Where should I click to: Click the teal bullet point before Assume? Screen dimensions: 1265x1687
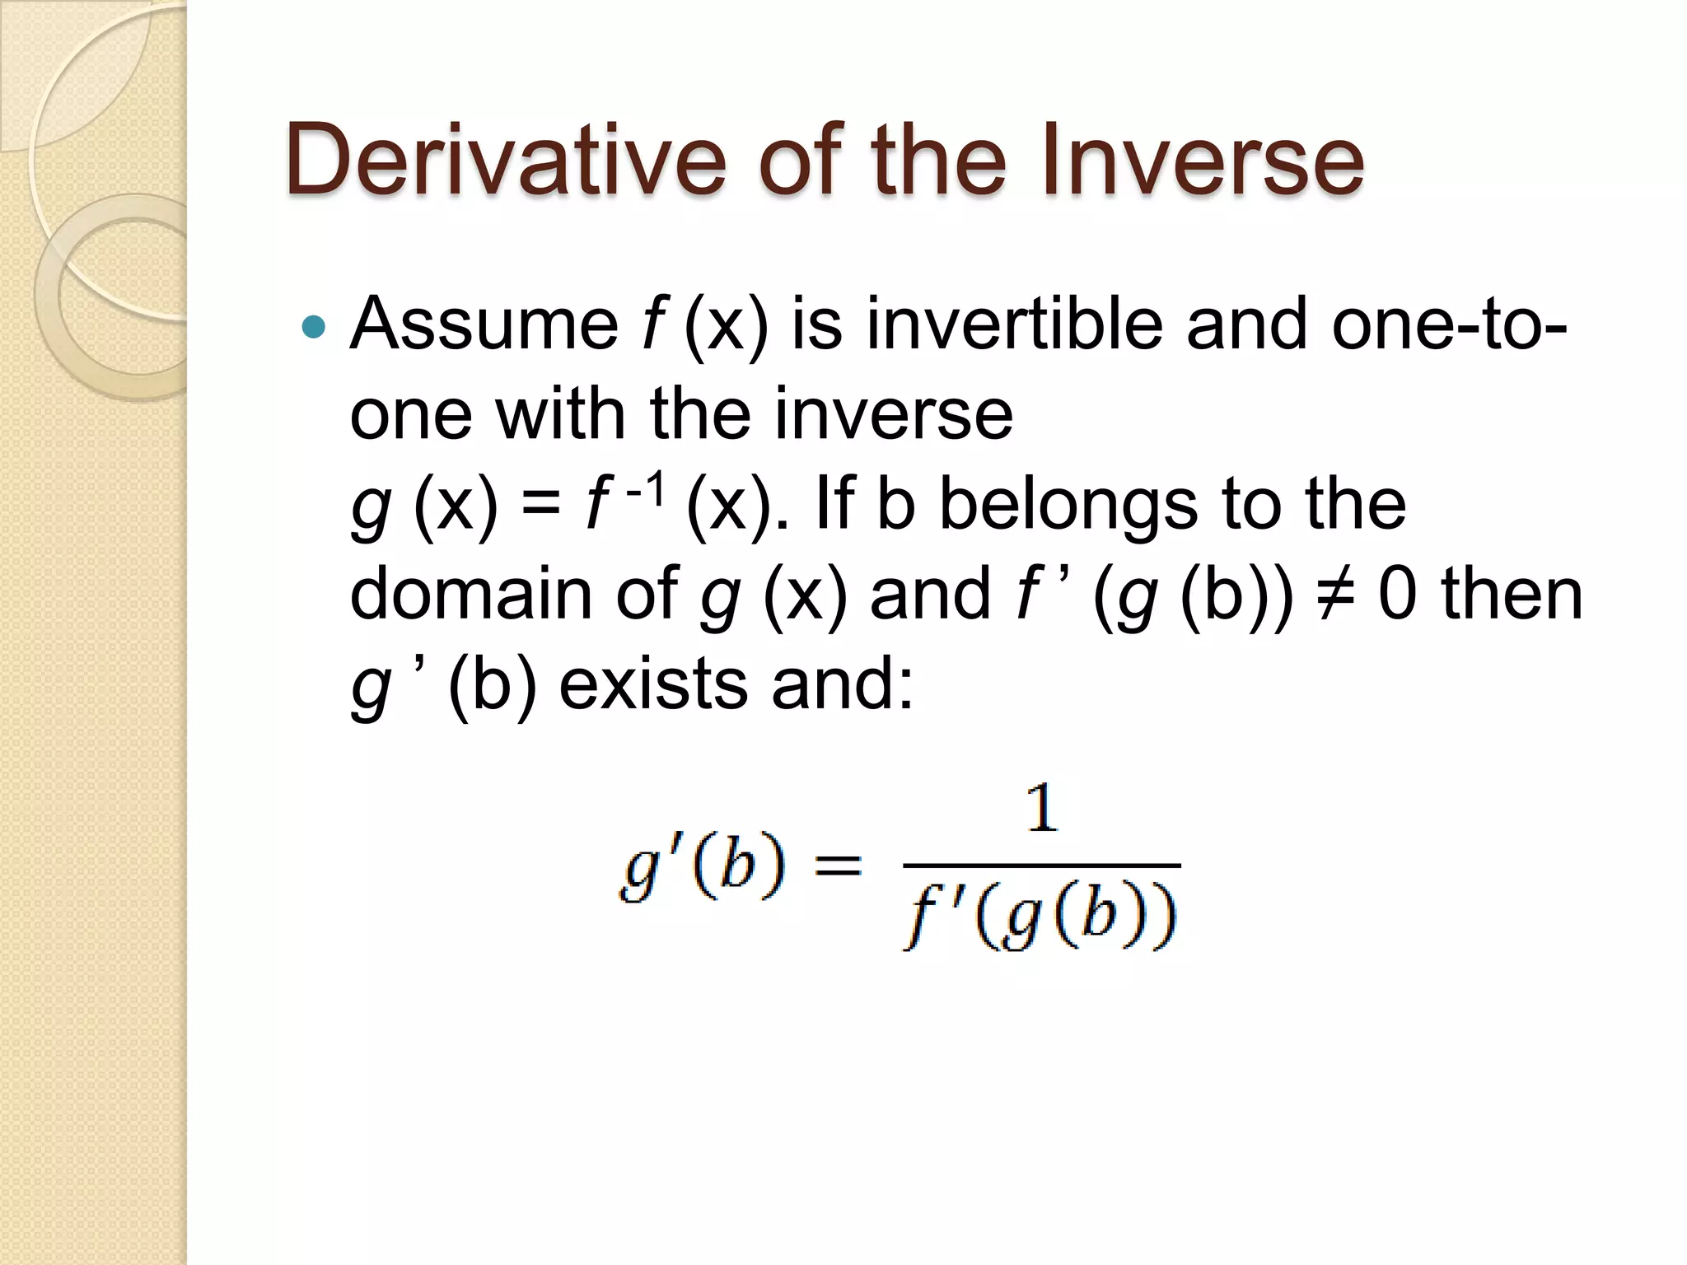pos(313,328)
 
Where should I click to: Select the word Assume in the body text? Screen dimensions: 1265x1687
pos(484,324)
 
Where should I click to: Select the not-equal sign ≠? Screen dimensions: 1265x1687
pos(1334,595)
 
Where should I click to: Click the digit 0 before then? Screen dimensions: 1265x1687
pos(1398,595)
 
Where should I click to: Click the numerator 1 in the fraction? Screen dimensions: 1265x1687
pos(1042,809)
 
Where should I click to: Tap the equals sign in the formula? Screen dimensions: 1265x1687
pos(837,866)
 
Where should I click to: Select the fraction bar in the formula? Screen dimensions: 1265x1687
pos(1042,866)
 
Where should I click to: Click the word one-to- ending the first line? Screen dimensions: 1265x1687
pos(1449,324)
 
